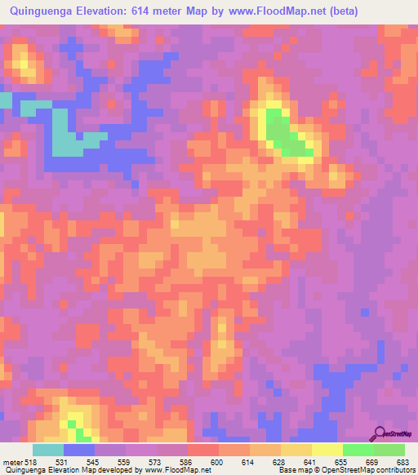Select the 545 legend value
coord(94,462)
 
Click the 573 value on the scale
coord(157,462)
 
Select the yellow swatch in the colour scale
coord(327,450)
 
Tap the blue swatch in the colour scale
coord(78,450)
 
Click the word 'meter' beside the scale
coord(12,462)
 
